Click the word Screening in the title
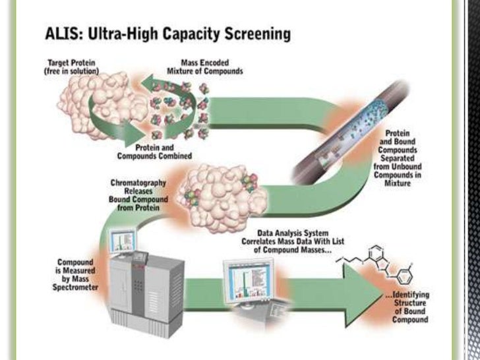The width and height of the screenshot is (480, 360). click(x=257, y=33)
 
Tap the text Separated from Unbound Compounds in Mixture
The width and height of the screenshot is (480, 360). click(x=404, y=169)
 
